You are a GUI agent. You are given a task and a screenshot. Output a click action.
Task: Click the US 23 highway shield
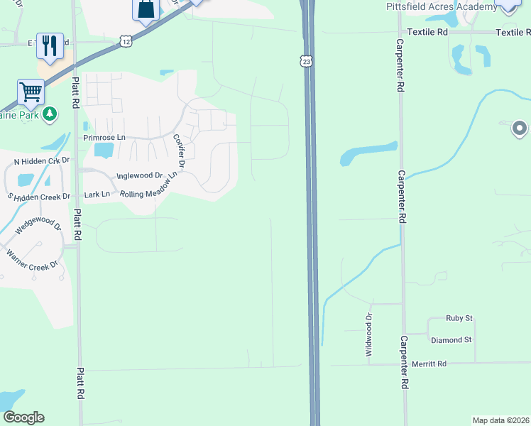pos(306,62)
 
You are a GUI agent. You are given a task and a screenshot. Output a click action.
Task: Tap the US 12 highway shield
pos(126,41)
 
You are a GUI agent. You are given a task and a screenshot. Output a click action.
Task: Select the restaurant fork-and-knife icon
pos(50,45)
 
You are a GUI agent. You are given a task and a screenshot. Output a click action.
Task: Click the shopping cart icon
pos(31,91)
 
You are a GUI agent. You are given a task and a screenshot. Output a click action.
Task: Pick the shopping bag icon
pos(146,10)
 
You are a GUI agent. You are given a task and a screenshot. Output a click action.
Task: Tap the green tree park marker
pos(50,114)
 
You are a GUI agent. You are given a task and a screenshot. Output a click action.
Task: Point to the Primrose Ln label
pos(104,137)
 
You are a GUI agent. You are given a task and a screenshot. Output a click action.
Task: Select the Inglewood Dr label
pos(140,175)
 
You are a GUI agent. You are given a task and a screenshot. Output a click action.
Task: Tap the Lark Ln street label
pos(97,194)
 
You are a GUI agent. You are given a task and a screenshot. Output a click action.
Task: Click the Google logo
pos(23,417)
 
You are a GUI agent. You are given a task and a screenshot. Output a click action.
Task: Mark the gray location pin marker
pos(519,129)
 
